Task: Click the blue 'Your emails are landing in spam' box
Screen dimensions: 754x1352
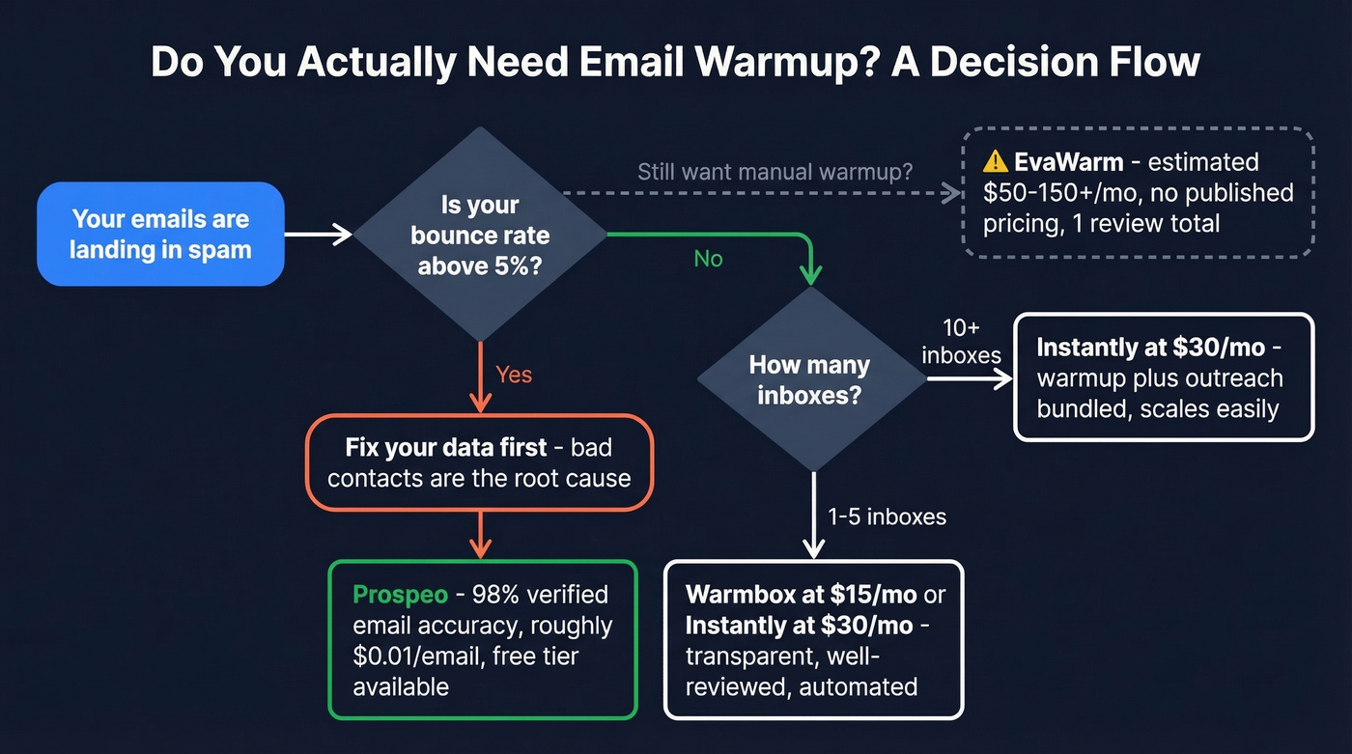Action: tap(160, 235)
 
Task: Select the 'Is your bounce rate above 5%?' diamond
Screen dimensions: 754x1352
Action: tap(479, 235)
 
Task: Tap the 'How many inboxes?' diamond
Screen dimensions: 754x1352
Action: tap(809, 380)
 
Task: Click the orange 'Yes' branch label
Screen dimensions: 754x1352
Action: tap(514, 375)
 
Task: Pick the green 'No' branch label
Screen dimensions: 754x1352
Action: tap(708, 260)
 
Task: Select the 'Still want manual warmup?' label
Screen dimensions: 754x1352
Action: tap(775, 173)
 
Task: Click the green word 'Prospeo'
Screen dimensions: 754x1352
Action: tap(400, 594)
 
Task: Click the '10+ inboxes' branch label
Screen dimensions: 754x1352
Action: tap(961, 342)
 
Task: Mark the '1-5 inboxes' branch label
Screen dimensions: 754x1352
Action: tap(887, 517)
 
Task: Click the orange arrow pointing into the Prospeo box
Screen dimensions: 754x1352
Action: tap(480, 536)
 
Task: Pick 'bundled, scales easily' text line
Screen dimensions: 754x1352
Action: tap(1157, 408)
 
